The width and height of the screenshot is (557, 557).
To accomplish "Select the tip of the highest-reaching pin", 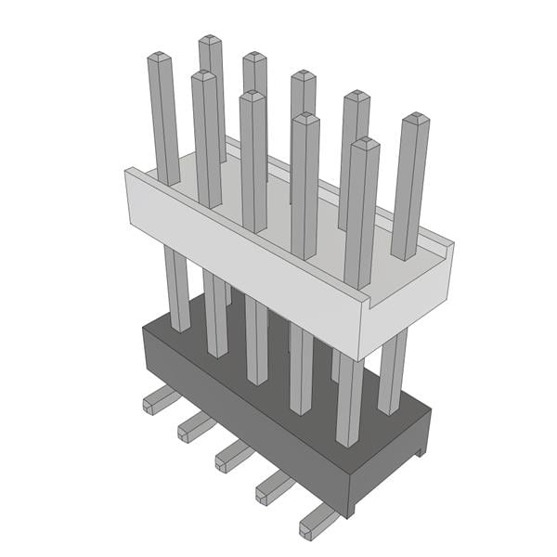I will [x=211, y=41].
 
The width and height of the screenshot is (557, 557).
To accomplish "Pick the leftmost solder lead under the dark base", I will [x=158, y=401].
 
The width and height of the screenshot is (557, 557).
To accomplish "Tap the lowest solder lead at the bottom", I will [x=316, y=522].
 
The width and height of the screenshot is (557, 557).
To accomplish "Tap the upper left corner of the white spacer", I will [x=131, y=170].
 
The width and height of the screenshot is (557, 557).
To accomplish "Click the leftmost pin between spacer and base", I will [x=176, y=288].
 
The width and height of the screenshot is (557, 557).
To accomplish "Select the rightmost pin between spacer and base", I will [x=393, y=371].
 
